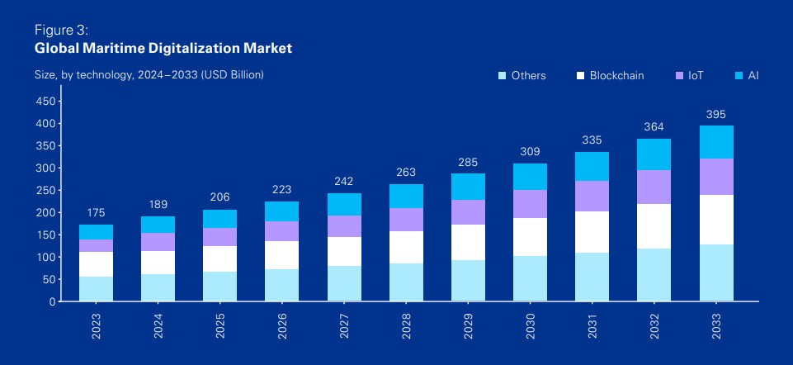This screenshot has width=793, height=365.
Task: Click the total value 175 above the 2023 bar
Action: [x=97, y=212]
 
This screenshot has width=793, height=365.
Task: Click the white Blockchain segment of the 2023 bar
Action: [x=97, y=264]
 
